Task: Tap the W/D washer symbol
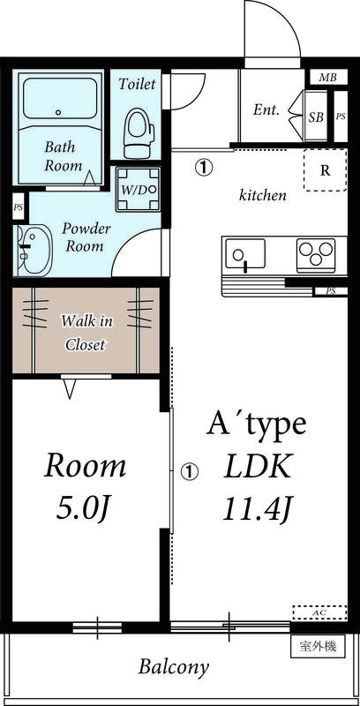139,189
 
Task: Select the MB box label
327,77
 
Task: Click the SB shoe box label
316,117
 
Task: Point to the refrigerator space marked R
325,170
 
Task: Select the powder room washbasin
33,250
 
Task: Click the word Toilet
138,84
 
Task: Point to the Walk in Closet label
86,333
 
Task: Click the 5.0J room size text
84,508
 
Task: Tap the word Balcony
174,667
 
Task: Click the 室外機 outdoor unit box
319,647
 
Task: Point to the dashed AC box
319,612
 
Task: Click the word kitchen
263,195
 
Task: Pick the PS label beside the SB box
341,116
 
